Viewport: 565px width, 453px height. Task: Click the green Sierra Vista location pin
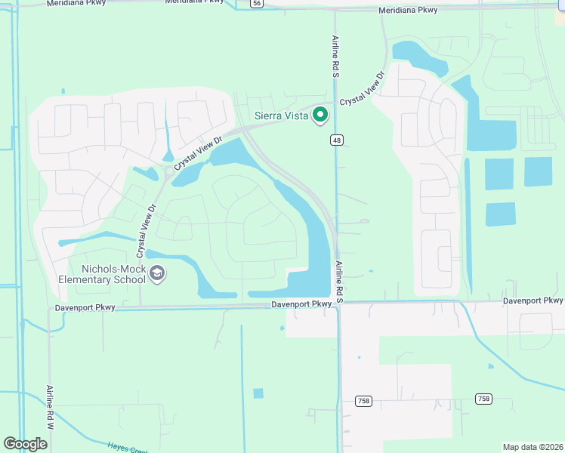pos(320,115)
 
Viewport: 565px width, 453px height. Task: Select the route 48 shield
pos(337,140)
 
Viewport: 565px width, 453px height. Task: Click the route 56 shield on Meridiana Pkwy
pos(258,4)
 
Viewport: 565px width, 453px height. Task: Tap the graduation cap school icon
pos(157,273)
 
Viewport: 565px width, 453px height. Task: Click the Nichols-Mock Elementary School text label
pos(103,273)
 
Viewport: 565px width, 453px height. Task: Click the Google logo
pos(26,443)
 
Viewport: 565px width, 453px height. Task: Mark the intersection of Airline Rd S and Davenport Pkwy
pos(338,304)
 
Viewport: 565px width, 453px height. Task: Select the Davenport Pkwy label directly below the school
pos(85,308)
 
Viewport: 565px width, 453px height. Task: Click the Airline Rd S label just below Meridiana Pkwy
pos(335,57)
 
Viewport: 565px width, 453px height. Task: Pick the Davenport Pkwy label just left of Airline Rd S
pos(302,304)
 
